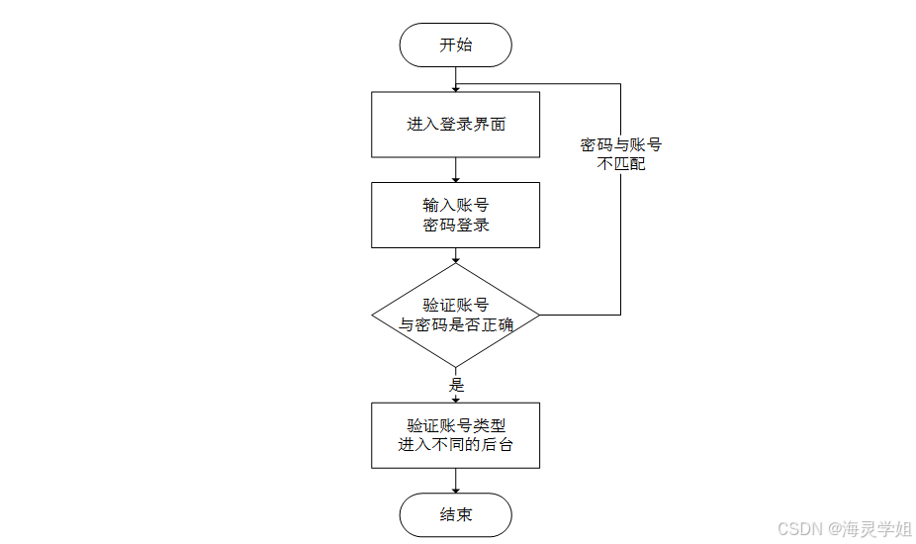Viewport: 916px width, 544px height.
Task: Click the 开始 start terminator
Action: coord(455,45)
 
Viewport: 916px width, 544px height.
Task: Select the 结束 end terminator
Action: coord(455,514)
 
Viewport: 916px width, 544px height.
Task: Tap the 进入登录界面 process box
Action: coord(455,125)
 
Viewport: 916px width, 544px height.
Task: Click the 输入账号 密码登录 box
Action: coord(455,215)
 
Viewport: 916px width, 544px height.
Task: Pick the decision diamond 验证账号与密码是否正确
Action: coord(455,315)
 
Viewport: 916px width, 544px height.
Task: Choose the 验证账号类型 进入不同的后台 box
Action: coord(455,435)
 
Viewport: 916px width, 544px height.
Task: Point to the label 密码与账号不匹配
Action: coord(621,154)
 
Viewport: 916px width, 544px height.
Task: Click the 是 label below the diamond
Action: coord(457,385)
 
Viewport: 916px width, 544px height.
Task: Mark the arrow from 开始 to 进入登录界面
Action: coord(455,79)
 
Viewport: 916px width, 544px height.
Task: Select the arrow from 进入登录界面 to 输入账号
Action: coord(455,170)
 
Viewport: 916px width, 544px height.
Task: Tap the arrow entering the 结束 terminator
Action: coord(455,482)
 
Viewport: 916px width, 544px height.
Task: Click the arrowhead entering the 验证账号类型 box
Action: coord(455,398)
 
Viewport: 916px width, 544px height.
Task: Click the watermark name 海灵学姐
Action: coord(877,529)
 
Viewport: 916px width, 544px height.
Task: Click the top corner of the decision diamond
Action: coord(455,264)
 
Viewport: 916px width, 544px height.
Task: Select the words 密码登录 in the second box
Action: coord(455,226)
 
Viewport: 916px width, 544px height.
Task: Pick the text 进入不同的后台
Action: coord(455,445)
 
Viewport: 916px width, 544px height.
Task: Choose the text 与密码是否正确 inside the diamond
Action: coord(455,324)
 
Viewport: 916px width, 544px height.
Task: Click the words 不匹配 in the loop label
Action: coord(621,164)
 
